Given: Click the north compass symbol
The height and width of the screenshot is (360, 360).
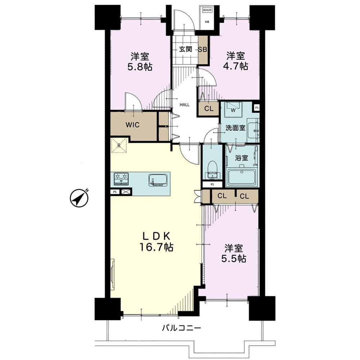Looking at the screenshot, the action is pos(79,198).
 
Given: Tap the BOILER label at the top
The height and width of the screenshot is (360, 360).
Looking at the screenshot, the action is pos(207,10).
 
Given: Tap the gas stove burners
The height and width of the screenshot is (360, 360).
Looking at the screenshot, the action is pos(121,179).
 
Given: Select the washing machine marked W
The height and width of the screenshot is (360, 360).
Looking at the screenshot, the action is pos(233,107).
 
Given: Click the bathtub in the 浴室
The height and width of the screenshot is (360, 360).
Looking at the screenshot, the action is pos(242,177).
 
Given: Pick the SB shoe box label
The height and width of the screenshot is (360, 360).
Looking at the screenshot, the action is pos(203,49).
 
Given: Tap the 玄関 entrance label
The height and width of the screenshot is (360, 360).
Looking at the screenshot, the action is pos(185,49).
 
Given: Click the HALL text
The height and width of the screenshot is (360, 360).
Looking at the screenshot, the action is pos(184,105).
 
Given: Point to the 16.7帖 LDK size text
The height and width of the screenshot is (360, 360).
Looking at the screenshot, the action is pos(156,247).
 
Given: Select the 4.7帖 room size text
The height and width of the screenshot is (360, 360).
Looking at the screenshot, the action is pos(236,66).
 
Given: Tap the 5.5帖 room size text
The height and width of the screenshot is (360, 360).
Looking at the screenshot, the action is pos(234,259).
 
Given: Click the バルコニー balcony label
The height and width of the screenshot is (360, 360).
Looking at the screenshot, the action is pos(181,328).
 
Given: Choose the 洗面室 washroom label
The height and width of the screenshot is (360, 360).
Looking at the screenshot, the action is pos(235,128).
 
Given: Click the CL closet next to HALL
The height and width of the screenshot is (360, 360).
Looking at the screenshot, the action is pos(209,108).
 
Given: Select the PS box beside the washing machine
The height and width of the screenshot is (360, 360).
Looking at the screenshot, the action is pos(257,107).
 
